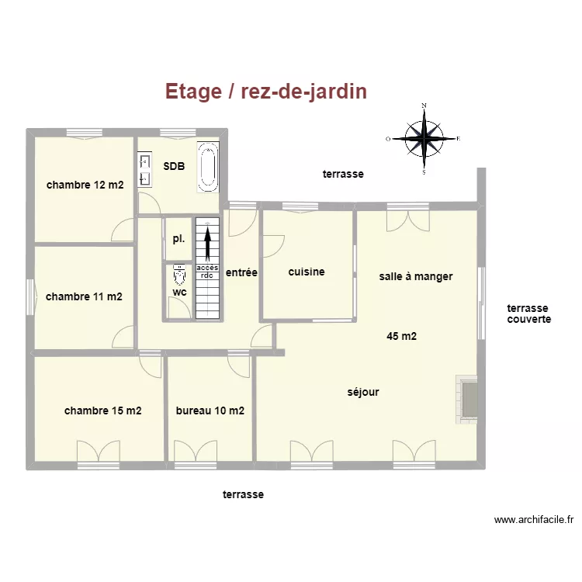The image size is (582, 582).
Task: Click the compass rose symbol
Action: pos(424,140)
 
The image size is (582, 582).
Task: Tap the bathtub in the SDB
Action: pos(207,167)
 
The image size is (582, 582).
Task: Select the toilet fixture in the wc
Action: pos(180,275)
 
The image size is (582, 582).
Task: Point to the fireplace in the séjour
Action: pos(467,398)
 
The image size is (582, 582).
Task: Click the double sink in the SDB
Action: pos(144,170)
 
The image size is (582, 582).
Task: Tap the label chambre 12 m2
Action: pos(85,185)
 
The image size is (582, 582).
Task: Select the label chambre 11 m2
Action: pos(84,296)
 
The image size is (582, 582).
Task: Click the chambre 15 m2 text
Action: pos(102,411)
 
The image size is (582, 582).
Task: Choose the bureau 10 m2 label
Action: pos(210,411)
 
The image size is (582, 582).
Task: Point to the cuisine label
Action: pos(307,272)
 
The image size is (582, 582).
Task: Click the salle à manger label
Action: pos(416,276)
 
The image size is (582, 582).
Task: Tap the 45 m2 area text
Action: pos(402,336)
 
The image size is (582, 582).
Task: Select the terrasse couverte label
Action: pos(529,314)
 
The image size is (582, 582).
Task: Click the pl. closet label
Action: pos(178,238)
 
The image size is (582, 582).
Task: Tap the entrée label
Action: pos(241,273)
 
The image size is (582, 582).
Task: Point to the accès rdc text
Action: pos(207,271)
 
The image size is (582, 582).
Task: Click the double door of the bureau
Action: pos(196,452)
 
